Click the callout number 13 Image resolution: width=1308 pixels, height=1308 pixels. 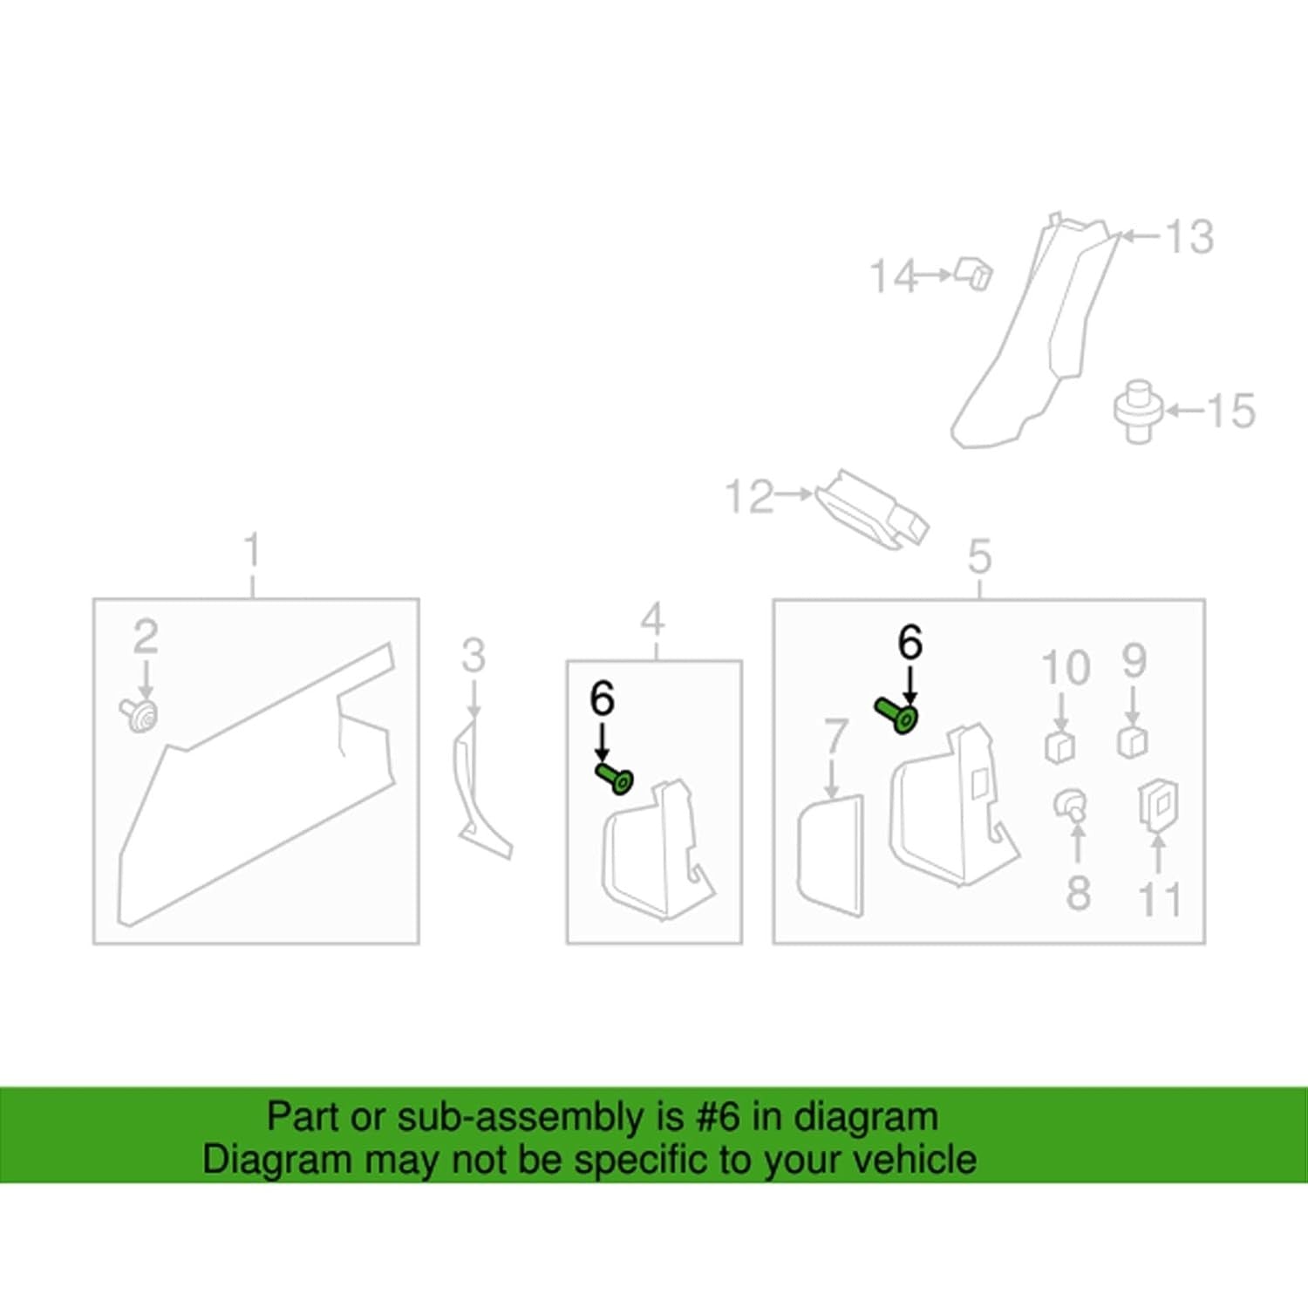coord(1189,236)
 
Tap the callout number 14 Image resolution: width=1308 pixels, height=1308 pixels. coord(895,276)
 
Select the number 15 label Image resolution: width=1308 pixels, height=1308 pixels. coord(1231,410)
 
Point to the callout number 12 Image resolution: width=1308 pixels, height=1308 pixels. coord(750,496)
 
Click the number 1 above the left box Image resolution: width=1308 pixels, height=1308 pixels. coord(252,551)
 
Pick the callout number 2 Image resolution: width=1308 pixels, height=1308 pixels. coord(146,637)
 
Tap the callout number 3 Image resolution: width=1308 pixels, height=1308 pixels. coord(473,656)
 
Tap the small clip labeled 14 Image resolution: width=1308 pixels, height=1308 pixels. coord(975,273)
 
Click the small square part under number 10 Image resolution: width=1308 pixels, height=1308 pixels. coord(1059,746)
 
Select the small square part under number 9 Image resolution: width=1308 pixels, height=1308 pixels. coord(1133,741)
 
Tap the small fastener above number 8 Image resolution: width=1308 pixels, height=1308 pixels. coord(1071,804)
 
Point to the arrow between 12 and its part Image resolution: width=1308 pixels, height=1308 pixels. coord(794,494)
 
